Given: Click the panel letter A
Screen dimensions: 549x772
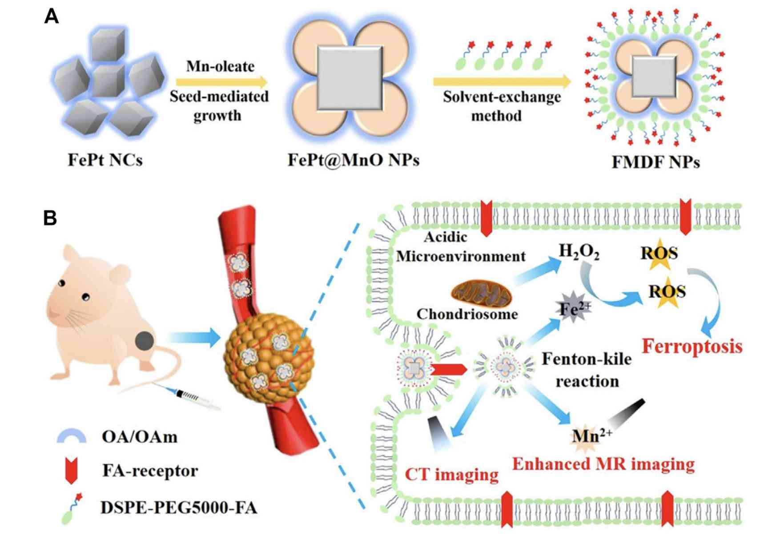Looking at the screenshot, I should [x=52, y=17].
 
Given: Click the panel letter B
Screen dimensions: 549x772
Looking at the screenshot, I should [x=50, y=218].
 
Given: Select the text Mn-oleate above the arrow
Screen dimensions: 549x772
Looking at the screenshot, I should [x=220, y=66].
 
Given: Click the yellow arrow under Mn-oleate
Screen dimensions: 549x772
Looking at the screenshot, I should [x=221, y=82].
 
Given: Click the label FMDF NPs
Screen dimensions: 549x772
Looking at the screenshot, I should [x=655, y=162].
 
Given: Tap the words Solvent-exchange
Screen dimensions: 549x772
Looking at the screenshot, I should [x=502, y=97].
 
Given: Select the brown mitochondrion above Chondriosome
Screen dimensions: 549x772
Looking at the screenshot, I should [x=481, y=294].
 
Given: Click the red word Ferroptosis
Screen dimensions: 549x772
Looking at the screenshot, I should [x=692, y=346].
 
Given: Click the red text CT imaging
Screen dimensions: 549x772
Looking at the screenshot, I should [x=451, y=474].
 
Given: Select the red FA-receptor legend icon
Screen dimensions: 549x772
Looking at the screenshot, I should [x=71, y=471].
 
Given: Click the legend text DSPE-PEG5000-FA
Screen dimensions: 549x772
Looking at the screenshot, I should [x=179, y=508].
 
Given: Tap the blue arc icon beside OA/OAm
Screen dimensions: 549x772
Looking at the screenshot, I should [x=72, y=436].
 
